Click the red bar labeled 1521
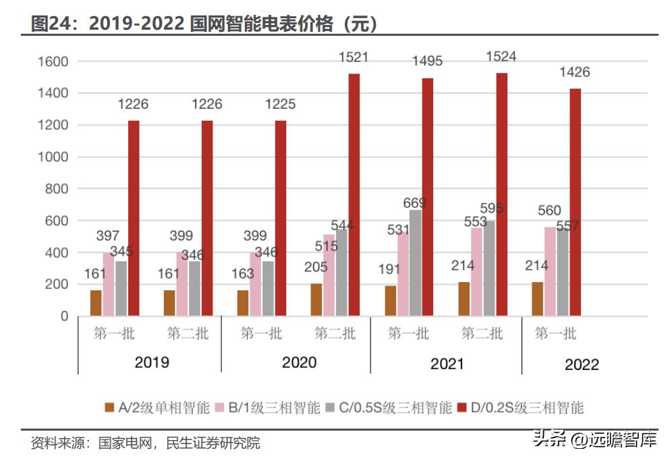pos(354,194)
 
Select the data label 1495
pos(427,61)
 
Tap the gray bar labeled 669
pos(415,263)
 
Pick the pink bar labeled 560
pos(551,271)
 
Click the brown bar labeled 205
pos(316,300)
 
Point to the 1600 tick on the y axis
pos(55,62)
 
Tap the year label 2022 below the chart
pos(582,364)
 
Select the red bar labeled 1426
pos(575,202)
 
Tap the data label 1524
pos(501,57)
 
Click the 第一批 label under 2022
pos(555,333)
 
